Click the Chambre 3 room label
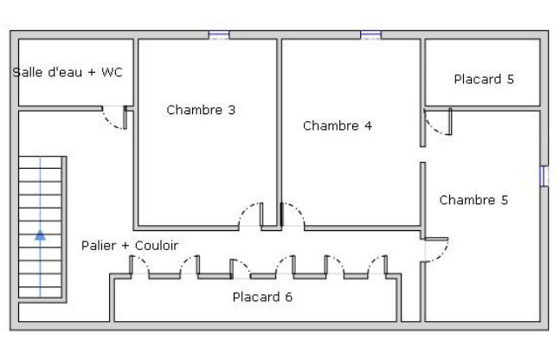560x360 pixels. coord(201,110)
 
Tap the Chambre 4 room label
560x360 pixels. coord(338,125)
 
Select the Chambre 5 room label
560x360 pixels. coord(473,200)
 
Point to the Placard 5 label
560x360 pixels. coord(484,80)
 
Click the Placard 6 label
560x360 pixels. coord(262,297)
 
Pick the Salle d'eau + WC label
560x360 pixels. coord(68,73)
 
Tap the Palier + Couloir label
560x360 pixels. coord(130,246)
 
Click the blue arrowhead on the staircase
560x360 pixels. coord(41,235)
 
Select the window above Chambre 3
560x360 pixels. coord(219,35)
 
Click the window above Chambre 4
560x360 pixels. coord(371,35)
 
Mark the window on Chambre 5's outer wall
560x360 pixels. coord(544,176)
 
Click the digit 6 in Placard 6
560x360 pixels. coord(289,297)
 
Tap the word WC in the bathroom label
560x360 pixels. coord(112,73)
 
